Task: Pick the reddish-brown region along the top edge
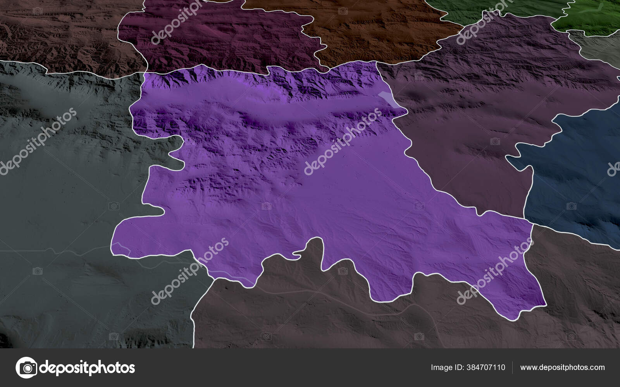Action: [380, 31]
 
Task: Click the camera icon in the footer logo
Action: [26, 367]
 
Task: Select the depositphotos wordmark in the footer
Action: [87, 367]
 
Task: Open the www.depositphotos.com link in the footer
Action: [562, 367]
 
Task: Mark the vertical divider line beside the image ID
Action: [513, 367]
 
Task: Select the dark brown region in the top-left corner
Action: [58, 35]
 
